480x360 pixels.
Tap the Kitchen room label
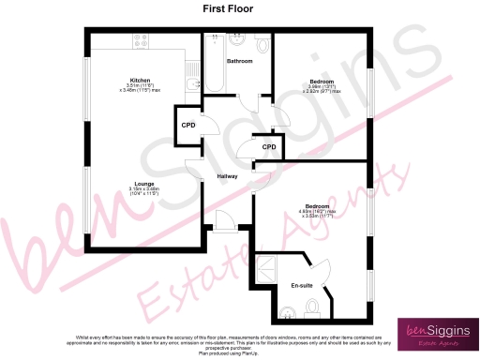tap(141, 80)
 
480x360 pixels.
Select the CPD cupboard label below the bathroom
tap(268, 146)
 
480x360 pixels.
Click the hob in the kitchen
tap(144, 42)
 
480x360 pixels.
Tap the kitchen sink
tap(192, 84)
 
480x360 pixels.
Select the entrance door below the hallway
tap(225, 221)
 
